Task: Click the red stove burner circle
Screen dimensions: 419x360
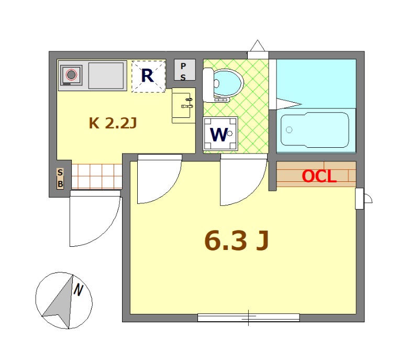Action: tap(71, 75)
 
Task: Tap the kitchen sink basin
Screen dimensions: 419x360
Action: tap(106, 75)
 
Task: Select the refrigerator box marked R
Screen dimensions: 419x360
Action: tap(148, 77)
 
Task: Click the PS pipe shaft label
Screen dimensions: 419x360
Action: tap(183, 71)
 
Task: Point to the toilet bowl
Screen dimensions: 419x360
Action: tap(228, 83)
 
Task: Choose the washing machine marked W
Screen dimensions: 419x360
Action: tap(220, 134)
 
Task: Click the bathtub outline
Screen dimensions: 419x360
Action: tap(315, 130)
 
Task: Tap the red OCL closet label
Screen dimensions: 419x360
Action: tap(319, 176)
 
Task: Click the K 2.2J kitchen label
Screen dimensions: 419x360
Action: tap(113, 123)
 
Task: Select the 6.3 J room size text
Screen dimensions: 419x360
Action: tap(237, 241)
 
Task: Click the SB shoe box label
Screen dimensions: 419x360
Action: tap(60, 178)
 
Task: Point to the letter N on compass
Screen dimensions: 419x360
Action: tap(78, 290)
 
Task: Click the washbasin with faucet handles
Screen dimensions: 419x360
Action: tap(184, 105)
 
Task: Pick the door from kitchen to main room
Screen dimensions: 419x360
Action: tap(160, 179)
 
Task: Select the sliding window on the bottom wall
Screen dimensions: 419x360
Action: tap(248, 318)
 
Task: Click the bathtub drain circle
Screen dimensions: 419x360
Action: tap(289, 130)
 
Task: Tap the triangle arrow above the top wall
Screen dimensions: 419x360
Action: tap(257, 46)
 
